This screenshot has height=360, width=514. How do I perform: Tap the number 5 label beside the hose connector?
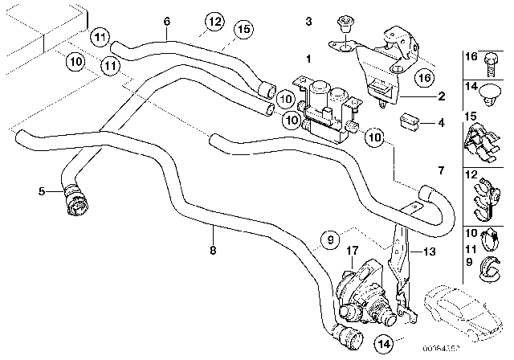[40, 191]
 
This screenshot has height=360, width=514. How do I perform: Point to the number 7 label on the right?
[439, 170]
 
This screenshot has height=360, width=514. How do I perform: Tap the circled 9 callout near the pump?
[329, 238]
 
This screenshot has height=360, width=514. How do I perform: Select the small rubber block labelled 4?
[410, 122]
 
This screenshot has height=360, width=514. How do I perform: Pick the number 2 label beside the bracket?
[440, 96]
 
